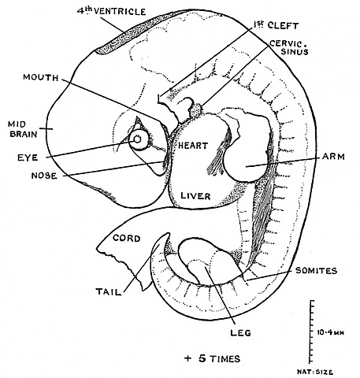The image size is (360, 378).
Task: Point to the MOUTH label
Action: point(39,77)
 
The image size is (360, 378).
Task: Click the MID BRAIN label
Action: point(19,129)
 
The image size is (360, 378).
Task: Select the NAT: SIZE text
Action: point(330,369)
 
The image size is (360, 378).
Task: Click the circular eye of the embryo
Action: point(139,141)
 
